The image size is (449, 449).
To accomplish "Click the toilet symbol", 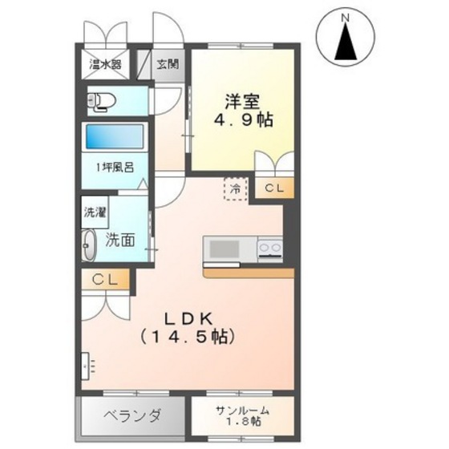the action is (x=102, y=101).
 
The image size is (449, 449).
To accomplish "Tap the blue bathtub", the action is (x=115, y=136).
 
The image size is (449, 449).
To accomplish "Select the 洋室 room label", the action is (x=242, y=102).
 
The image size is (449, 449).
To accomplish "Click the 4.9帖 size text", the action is (x=242, y=120).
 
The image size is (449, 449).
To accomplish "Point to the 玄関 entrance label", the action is (x=168, y=64).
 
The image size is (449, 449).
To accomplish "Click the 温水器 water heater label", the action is (x=105, y=64).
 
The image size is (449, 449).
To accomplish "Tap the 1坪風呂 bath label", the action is (x=115, y=168).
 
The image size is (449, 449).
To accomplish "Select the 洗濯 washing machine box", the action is (x=95, y=212).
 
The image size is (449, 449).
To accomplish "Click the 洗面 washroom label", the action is (x=120, y=240).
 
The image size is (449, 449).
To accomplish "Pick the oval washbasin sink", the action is (x=89, y=245).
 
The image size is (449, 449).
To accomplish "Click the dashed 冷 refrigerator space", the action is (x=236, y=188).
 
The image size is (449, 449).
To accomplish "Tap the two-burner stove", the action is (x=270, y=249).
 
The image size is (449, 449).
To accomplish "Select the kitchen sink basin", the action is (x=224, y=249).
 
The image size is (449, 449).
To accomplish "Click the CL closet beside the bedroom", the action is (x=274, y=188).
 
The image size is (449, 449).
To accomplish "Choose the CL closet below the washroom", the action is (x=105, y=280).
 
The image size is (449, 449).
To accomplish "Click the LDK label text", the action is (x=188, y=320).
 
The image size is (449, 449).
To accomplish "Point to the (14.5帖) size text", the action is (x=188, y=337).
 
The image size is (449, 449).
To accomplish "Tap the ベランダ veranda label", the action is (x=132, y=416).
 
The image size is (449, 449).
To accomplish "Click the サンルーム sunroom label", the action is (x=242, y=411).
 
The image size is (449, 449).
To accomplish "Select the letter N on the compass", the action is (x=346, y=18).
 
